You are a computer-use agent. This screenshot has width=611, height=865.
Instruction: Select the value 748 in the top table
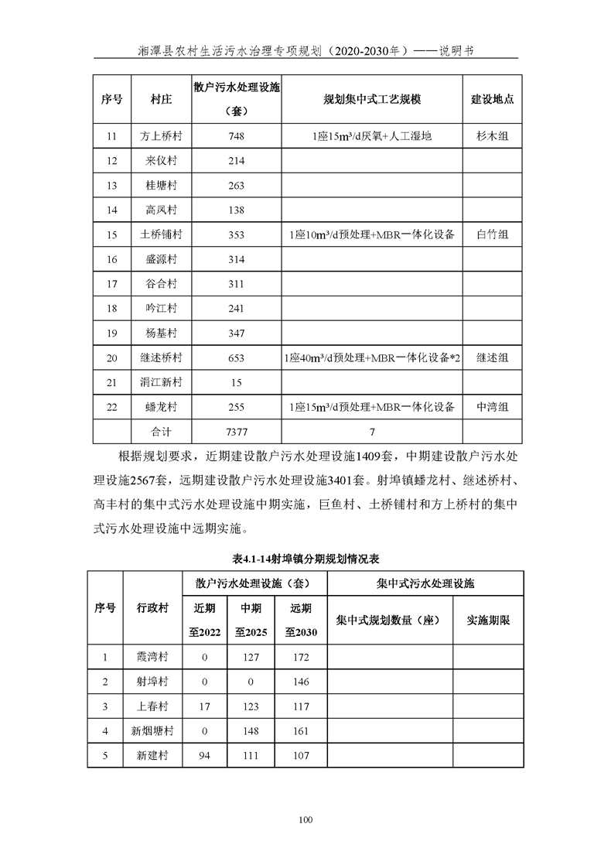(237, 136)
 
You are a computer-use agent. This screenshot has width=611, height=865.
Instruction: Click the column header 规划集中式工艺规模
(372, 100)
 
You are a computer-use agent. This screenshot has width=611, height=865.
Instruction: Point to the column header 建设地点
(493, 100)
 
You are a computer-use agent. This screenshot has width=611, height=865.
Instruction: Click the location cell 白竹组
(493, 234)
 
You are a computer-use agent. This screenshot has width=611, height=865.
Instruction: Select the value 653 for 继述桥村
(237, 357)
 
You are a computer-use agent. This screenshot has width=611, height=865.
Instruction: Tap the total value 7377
(237, 432)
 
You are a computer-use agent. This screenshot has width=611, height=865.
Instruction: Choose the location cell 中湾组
(493, 406)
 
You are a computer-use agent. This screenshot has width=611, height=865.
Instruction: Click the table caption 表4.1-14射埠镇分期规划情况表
(305, 558)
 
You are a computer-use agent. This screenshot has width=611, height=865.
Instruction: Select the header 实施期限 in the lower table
(488, 620)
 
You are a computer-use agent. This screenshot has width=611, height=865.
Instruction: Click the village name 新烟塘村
(152, 730)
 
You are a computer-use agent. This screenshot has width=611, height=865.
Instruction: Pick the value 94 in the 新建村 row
(204, 755)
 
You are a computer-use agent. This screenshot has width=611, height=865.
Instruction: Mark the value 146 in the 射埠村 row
(302, 682)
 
